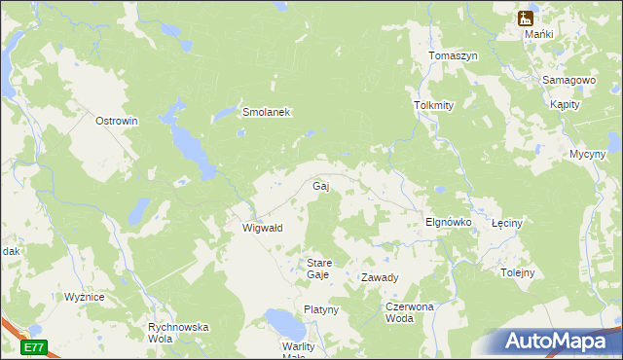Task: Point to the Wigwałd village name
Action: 262,228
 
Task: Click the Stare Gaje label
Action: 318,269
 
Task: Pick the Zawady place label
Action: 380,277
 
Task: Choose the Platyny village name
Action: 320,309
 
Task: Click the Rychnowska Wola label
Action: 178,333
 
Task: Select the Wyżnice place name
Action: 85,297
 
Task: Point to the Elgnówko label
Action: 449,222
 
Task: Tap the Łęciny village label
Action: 507,223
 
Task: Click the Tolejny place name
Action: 517,272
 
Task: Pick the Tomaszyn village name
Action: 453,56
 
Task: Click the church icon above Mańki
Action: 526,18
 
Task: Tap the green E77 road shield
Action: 34,346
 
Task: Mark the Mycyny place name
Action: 587,154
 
